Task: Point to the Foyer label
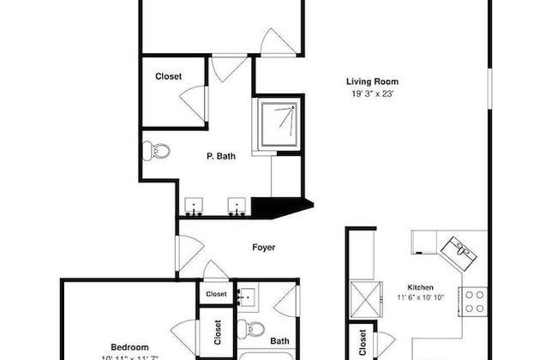[x=263, y=248]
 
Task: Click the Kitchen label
[x=420, y=287]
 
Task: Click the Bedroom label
[x=130, y=346]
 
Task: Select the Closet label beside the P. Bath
[x=168, y=76]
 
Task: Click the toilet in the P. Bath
[x=156, y=151]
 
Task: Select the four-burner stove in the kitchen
[x=474, y=301]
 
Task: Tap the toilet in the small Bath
[x=250, y=327]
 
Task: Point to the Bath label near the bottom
[x=279, y=341]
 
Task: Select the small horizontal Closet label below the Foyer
[x=216, y=294]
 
